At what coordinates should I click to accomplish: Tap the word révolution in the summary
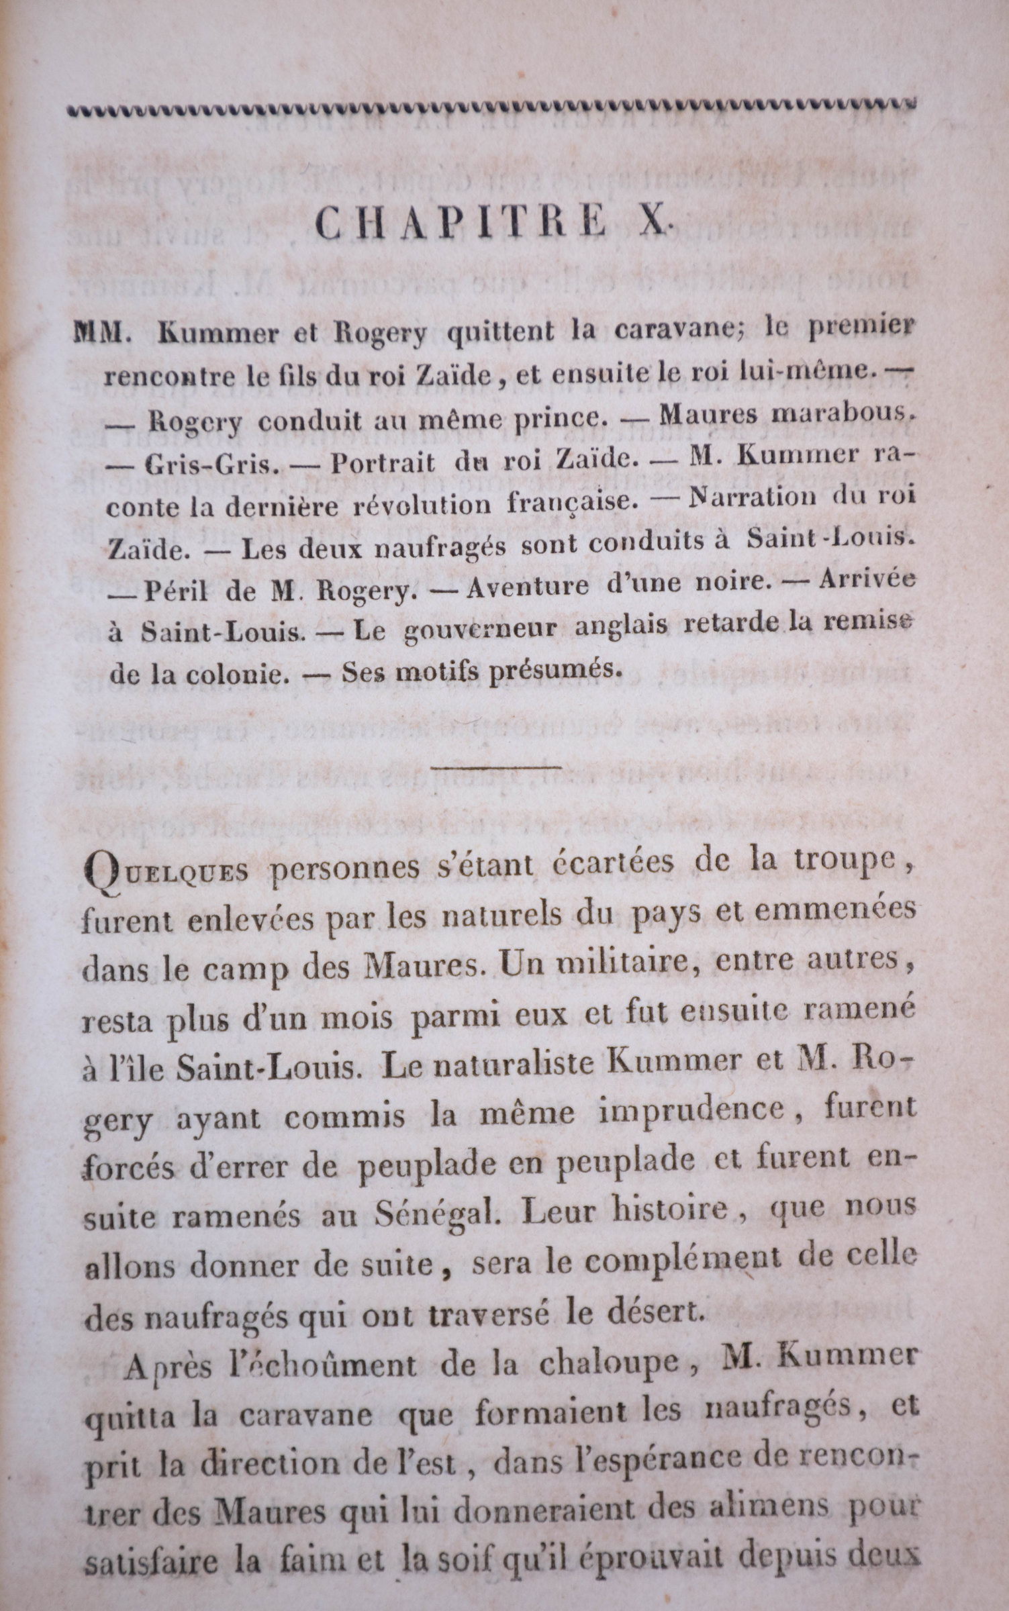(422, 505)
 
